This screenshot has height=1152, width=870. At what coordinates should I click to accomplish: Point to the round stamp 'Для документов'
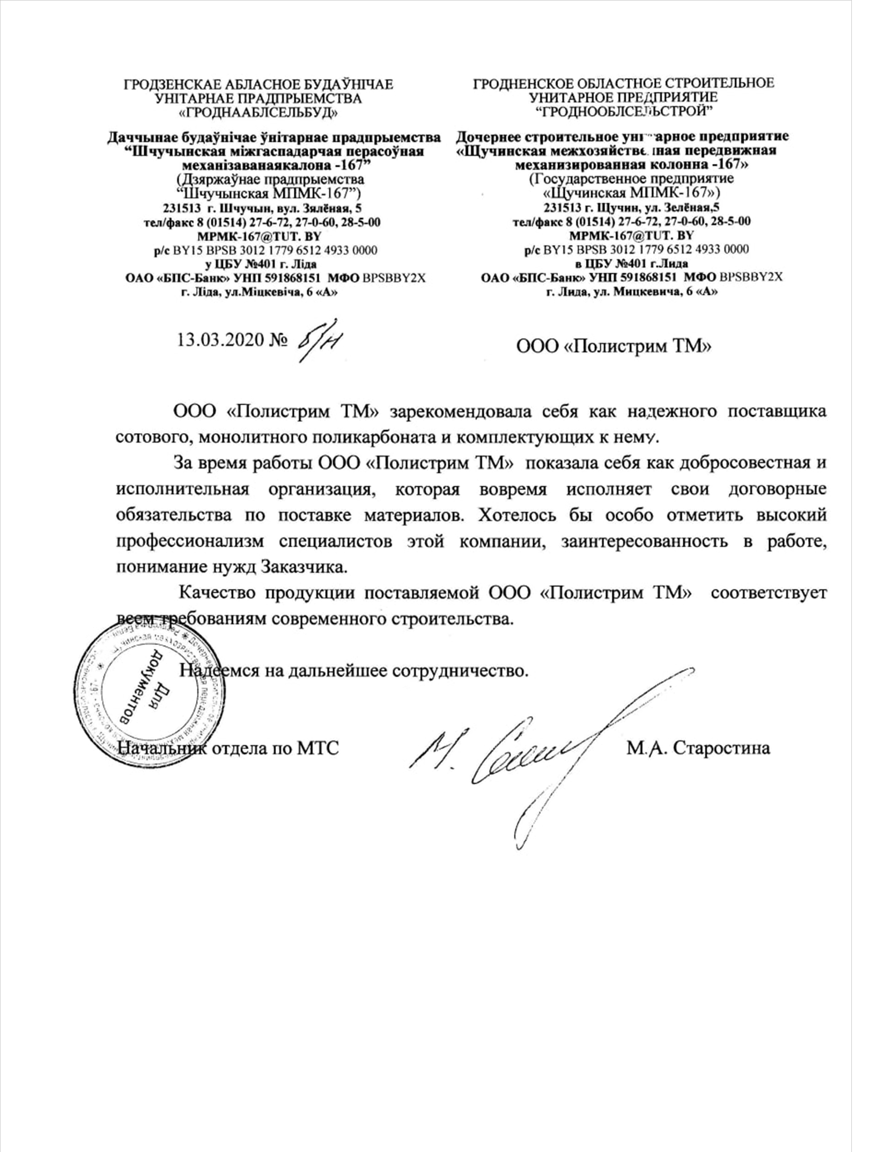pos(150,695)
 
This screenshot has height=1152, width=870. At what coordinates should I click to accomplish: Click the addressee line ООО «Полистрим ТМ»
pos(613,345)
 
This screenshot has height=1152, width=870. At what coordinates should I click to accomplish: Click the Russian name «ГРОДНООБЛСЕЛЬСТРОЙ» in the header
pos(624,110)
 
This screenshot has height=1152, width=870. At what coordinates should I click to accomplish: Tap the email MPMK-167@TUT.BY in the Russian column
pos(631,235)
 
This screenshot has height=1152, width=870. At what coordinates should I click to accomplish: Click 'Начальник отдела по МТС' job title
pos(228,748)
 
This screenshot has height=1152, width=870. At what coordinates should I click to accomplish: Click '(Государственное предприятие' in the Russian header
pos(631,179)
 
